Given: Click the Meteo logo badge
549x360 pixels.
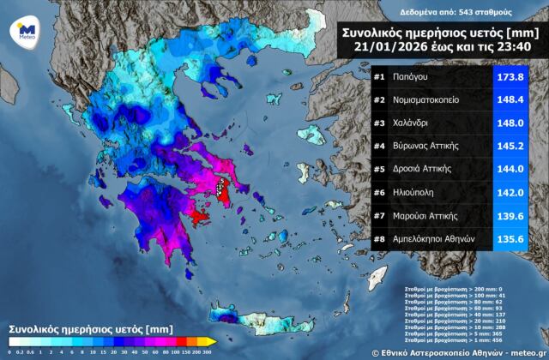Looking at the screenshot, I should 23,32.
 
